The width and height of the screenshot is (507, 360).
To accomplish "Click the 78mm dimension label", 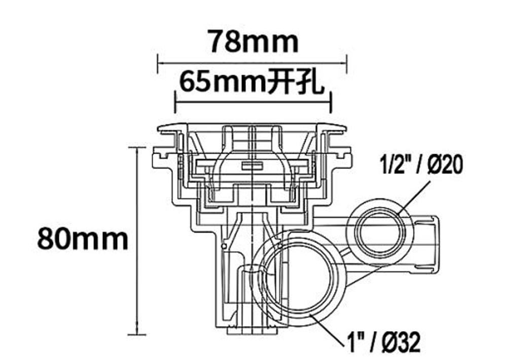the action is (x=252, y=42).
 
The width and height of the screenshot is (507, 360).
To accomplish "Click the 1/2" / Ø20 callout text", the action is (x=422, y=165).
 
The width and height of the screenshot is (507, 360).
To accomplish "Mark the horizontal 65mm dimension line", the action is (x=253, y=102).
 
